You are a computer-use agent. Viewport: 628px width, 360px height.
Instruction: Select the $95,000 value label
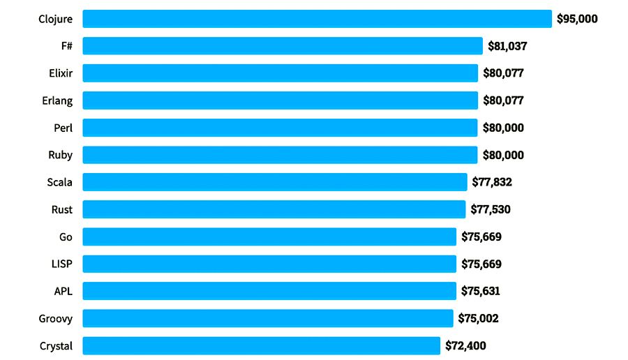tap(577, 19)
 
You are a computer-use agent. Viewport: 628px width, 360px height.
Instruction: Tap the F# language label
tap(66, 46)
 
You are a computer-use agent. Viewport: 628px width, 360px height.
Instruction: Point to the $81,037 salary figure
tap(507, 46)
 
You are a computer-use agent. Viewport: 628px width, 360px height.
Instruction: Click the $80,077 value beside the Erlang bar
tap(503, 100)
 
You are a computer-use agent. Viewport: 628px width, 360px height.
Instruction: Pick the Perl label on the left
tap(63, 128)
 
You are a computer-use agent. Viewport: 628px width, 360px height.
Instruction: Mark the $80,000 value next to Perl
tap(503, 128)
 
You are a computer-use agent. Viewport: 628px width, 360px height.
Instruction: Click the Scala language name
tap(59, 182)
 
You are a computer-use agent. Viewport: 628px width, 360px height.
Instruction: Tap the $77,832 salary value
tap(492, 182)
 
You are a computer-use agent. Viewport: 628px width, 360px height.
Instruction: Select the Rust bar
tap(274, 209)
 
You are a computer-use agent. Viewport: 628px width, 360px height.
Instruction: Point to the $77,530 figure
tap(491, 209)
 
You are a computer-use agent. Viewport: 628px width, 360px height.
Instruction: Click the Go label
tap(66, 237)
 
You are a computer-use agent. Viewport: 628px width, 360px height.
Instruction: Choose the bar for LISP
tap(269, 264)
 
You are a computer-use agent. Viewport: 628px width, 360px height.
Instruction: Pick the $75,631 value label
tap(481, 291)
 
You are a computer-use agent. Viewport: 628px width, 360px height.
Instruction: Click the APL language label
tap(63, 291)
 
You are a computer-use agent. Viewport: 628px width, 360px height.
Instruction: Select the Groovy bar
tap(268, 318)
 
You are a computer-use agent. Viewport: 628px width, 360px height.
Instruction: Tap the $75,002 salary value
tap(478, 318)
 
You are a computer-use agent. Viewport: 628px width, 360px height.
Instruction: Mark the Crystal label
tap(56, 345)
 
